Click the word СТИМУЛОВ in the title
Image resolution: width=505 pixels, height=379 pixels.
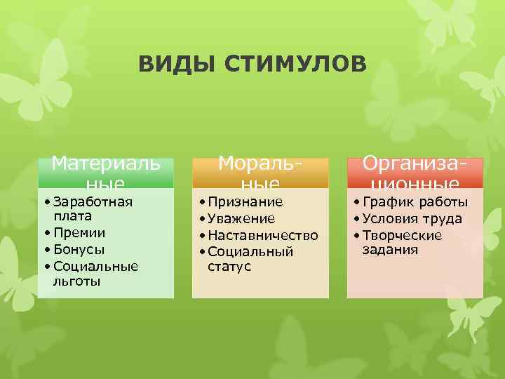(295, 65)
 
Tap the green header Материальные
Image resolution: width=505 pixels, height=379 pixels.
(106, 173)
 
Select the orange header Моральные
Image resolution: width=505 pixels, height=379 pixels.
(261, 173)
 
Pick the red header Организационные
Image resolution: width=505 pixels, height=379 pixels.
(415, 173)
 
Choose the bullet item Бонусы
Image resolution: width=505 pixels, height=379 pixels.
(79, 249)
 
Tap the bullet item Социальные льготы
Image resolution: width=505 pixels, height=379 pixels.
(94, 273)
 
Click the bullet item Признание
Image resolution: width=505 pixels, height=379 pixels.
(245, 202)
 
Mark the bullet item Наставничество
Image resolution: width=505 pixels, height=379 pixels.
(262, 235)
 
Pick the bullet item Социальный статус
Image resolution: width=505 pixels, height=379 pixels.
(250, 259)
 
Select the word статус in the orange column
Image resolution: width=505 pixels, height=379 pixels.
(229, 267)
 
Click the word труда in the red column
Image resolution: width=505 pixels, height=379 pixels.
(442, 218)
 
